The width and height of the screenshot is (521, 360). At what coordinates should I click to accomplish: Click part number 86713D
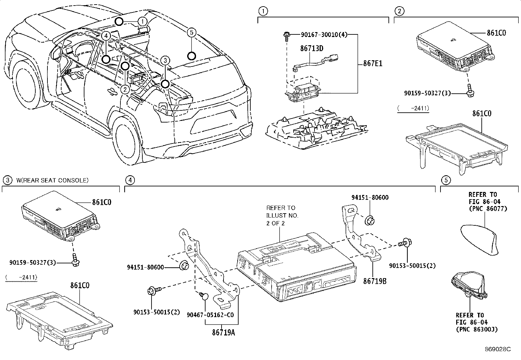click(x=312, y=49)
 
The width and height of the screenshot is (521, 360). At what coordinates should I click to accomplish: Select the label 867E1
click(x=373, y=64)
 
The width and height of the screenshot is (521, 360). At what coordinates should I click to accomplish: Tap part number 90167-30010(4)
click(x=320, y=34)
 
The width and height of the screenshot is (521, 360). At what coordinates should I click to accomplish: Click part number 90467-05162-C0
click(x=210, y=314)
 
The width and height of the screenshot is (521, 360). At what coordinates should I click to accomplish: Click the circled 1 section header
click(x=262, y=11)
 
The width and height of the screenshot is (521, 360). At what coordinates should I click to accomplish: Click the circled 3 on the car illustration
click(x=166, y=60)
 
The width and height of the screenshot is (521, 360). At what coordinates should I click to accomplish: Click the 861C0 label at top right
click(x=496, y=33)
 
